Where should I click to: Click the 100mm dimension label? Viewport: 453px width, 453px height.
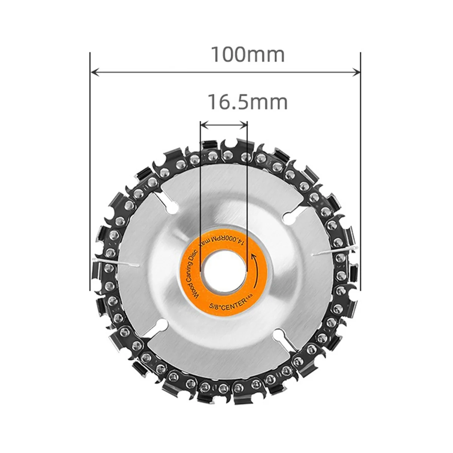click(x=247, y=55)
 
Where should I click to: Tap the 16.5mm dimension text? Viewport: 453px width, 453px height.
click(x=247, y=102)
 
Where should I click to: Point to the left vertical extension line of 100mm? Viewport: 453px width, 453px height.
click(x=90, y=170)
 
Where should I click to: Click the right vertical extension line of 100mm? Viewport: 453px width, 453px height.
click(x=361, y=170)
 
